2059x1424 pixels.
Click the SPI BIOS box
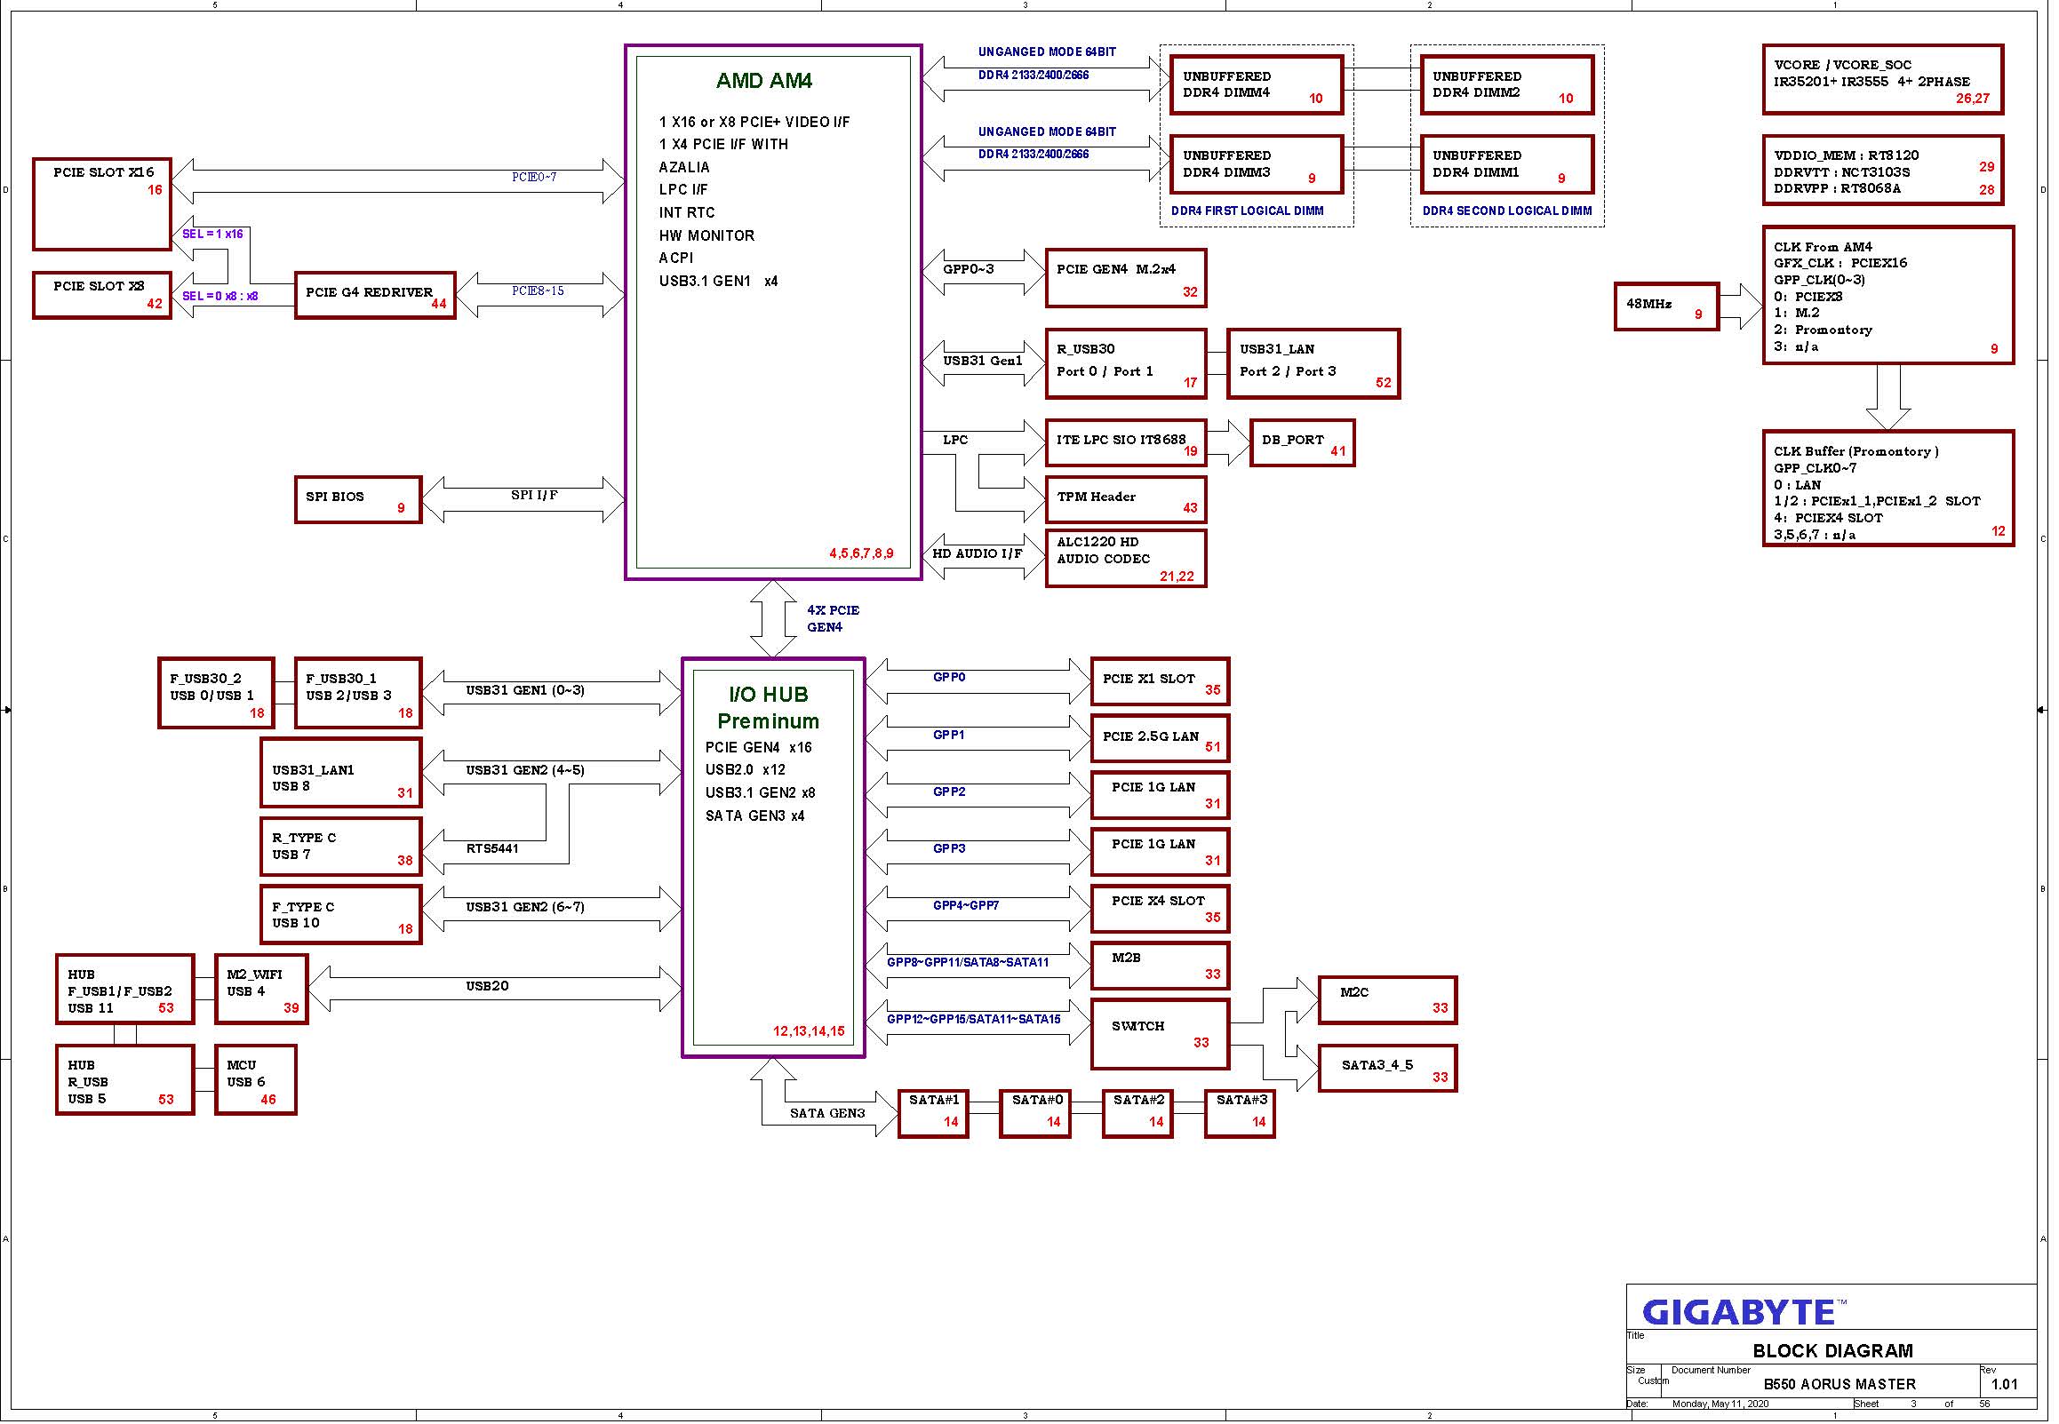click(358, 499)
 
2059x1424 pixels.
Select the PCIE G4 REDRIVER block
click(376, 295)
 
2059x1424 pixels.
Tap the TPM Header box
click(1125, 499)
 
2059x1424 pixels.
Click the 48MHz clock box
click(1666, 307)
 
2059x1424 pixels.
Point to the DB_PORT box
click(1302, 442)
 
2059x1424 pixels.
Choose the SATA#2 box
click(1137, 1113)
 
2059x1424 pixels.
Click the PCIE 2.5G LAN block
click(1160, 739)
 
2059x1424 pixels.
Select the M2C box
click(1387, 1000)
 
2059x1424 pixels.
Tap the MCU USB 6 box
click(255, 1080)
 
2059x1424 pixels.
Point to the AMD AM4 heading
click(764, 80)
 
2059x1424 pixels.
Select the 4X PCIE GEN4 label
click(833, 618)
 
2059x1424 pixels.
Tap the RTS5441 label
click(491, 848)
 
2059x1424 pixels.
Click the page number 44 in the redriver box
click(438, 304)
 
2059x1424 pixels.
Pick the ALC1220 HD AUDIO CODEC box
click(1125, 559)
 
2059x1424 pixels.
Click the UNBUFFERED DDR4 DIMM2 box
click(1506, 85)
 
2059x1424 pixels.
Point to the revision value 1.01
click(2004, 1385)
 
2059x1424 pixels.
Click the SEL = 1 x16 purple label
click(212, 234)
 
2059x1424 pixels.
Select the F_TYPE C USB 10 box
click(340, 914)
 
